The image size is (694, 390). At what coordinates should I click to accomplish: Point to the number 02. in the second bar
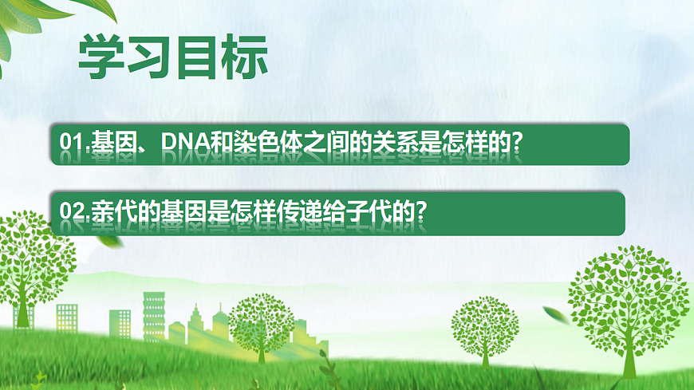(x=75, y=211)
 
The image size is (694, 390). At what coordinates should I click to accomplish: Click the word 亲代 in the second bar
(x=112, y=211)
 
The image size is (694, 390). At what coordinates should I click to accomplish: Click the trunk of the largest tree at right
(x=629, y=351)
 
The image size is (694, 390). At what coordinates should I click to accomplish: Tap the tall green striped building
(x=153, y=315)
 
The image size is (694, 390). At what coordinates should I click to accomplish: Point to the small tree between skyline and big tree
(x=484, y=327)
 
